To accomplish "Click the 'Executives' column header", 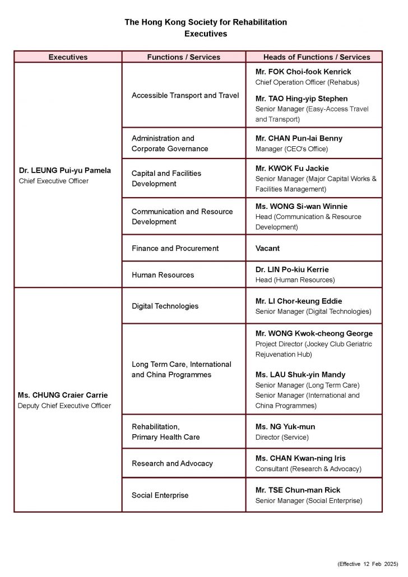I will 68,57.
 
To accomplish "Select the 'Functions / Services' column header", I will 183,57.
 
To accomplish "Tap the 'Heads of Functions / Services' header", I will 317,57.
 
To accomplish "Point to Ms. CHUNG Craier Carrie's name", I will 63,395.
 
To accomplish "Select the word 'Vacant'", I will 267,248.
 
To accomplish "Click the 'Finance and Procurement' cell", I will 175,248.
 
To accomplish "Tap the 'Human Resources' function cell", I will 163,275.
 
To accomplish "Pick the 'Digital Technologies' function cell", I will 165,306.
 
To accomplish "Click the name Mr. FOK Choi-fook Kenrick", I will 303,72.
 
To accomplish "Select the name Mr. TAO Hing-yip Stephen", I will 302,99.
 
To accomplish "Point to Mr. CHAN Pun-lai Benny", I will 299,138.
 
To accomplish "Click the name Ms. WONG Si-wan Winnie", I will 302,207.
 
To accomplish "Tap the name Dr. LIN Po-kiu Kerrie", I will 292,269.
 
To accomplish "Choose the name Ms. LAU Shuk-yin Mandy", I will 300,375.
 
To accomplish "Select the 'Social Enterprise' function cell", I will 160,495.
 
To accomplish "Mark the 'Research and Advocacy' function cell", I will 172,463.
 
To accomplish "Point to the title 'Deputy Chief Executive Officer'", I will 65,406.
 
